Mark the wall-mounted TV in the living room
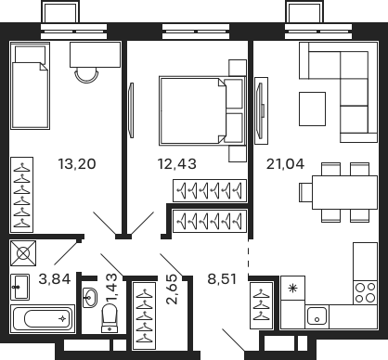click(x=257, y=108)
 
